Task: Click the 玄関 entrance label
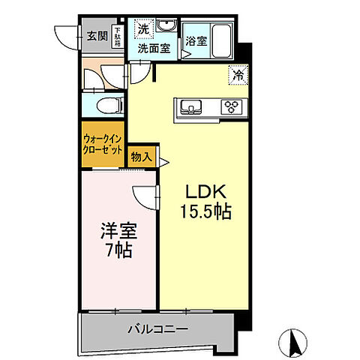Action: (x=97, y=35)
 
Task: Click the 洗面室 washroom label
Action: (x=153, y=49)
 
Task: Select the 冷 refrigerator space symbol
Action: (x=237, y=75)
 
